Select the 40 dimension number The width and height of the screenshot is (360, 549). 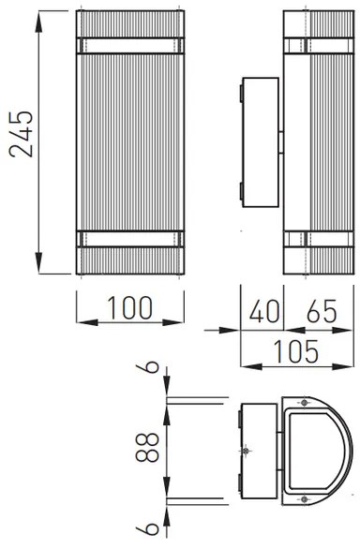(262, 310)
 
